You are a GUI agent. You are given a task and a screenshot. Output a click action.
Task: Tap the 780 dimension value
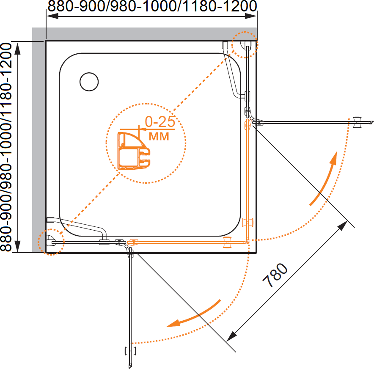(x=275, y=275)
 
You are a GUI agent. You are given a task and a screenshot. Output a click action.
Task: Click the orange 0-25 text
(x=160, y=121)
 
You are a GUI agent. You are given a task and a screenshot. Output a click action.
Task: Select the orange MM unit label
(x=159, y=136)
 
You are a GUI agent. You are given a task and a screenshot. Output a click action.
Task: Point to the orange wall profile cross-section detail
(x=134, y=151)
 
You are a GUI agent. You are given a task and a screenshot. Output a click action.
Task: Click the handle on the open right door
(x=357, y=122)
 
